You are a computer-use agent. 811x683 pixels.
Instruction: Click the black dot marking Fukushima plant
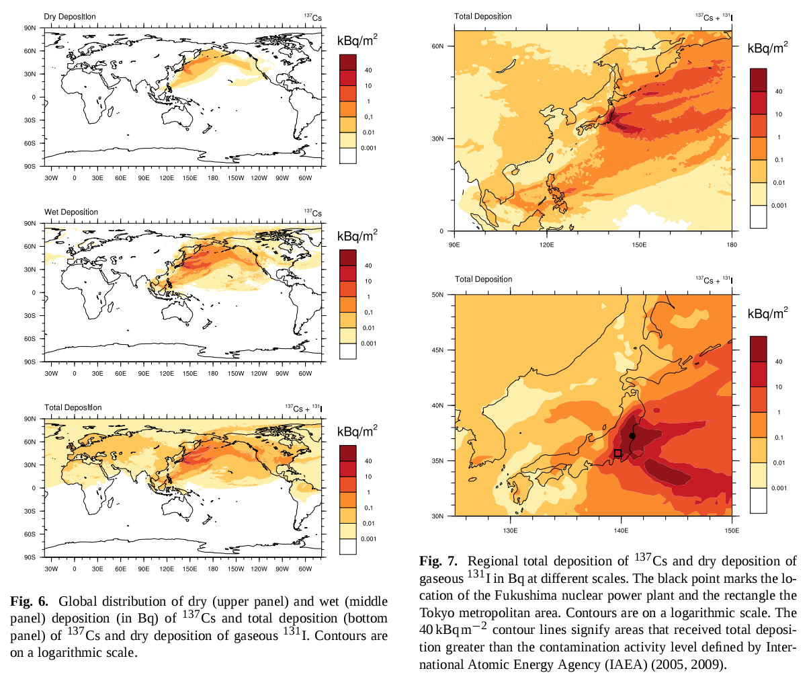tap(632, 436)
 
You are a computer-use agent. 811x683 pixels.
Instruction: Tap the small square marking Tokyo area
tap(617, 454)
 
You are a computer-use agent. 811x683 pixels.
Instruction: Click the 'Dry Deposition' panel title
tap(70, 17)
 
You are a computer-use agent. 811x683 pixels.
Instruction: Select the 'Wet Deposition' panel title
tap(71, 212)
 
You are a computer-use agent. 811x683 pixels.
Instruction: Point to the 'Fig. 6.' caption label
tap(29, 601)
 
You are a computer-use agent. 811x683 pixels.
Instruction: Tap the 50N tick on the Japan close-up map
tap(437, 294)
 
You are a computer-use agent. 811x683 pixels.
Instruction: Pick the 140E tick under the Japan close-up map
tap(621, 530)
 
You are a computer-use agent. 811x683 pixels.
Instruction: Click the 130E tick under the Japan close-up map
tap(510, 530)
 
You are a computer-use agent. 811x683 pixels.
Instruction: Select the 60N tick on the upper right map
tap(437, 46)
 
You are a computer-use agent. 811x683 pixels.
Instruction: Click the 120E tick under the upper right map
tap(546, 245)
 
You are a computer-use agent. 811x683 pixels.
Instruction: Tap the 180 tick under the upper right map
tap(732, 245)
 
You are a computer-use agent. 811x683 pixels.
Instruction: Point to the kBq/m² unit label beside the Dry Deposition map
tap(357, 41)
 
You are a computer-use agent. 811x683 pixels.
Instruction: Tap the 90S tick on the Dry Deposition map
tap(30, 165)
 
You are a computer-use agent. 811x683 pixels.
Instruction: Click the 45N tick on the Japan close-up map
tap(437, 350)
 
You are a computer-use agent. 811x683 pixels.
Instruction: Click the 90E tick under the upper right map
tap(454, 245)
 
